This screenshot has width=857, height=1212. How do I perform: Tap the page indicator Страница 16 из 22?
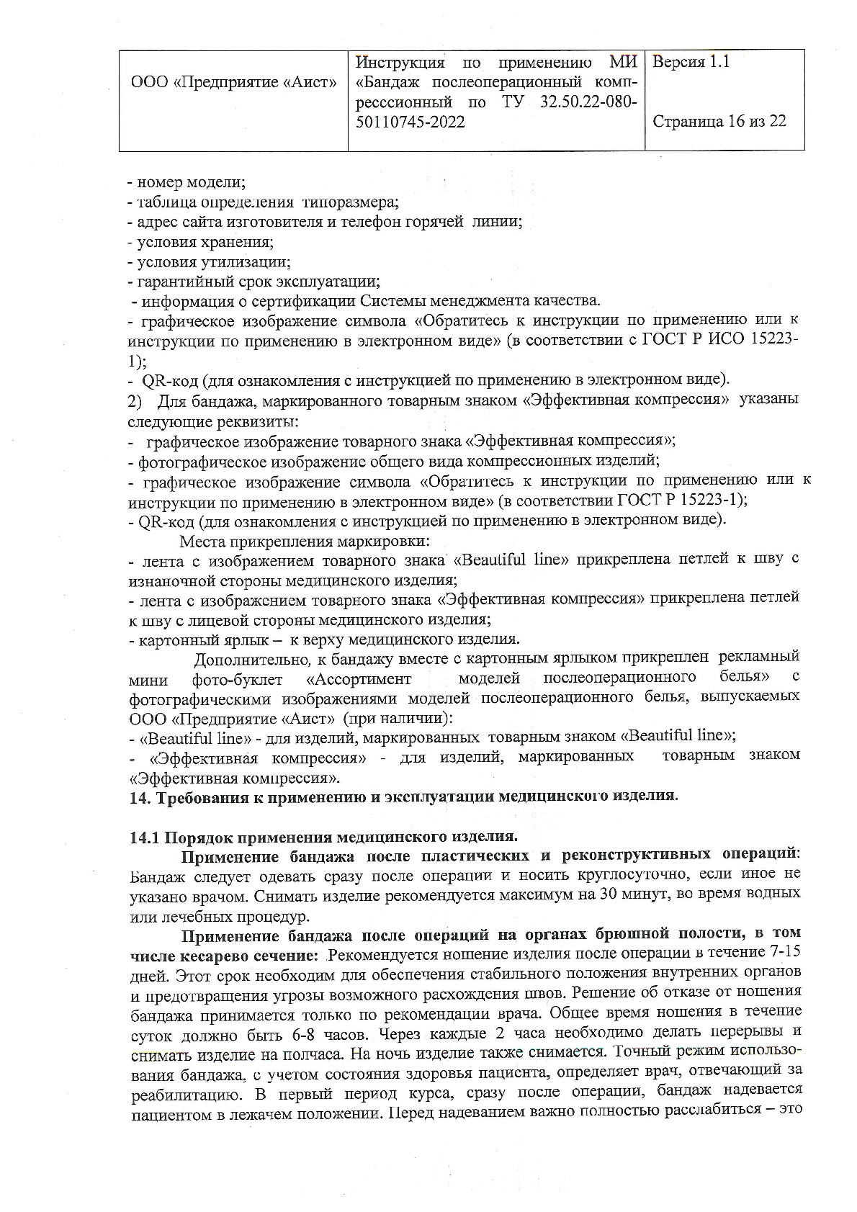(719, 121)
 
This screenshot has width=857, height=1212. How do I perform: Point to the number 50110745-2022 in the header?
(410, 122)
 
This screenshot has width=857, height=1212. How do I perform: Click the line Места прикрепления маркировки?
(305, 540)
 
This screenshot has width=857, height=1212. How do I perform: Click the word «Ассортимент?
(359, 678)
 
